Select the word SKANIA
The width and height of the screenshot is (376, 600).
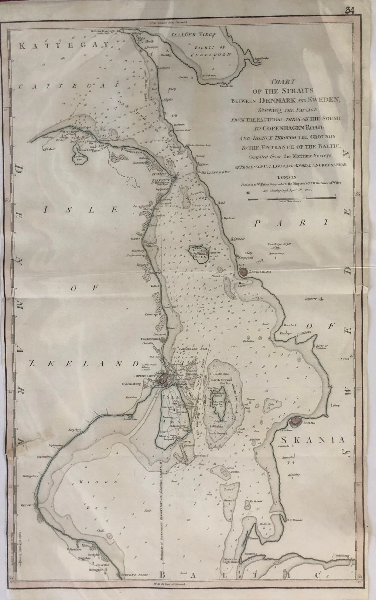[x=313, y=440]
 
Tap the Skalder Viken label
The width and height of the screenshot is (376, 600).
[x=193, y=35]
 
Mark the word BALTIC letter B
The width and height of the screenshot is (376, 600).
[x=163, y=575]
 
